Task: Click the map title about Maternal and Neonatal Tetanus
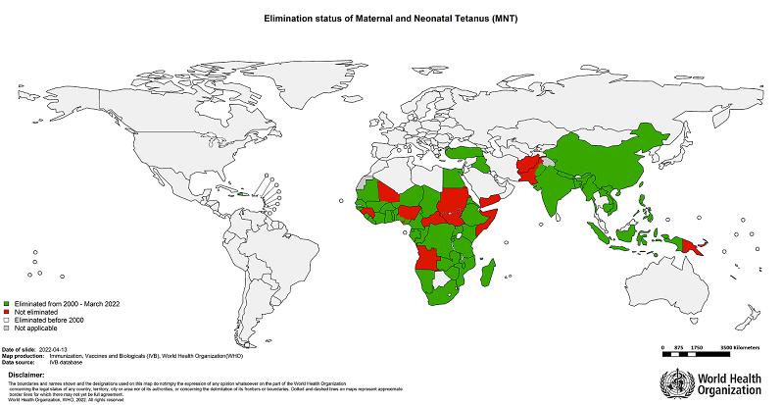click(x=390, y=18)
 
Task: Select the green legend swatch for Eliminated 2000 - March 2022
click(x=7, y=304)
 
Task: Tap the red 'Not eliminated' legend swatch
click(x=7, y=311)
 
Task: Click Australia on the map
click(x=666, y=284)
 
